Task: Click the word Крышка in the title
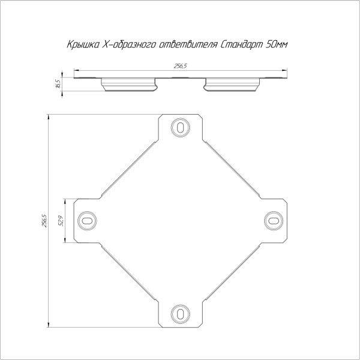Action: pyautogui.click(x=83, y=44)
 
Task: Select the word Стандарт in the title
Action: pyautogui.click(x=241, y=44)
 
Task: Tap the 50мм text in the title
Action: pyautogui.click(x=276, y=44)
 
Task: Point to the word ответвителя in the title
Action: pyautogui.click(x=188, y=44)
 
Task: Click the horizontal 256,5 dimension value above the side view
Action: pyautogui.click(x=181, y=66)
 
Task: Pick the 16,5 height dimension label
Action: pyautogui.click(x=58, y=83)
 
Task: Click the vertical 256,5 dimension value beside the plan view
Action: pyautogui.click(x=44, y=221)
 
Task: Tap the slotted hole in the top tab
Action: pyautogui.click(x=180, y=127)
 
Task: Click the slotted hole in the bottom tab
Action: pyautogui.click(x=180, y=314)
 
